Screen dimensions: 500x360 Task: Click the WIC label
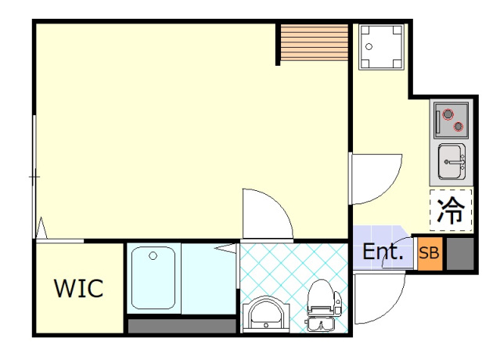coord(79,288)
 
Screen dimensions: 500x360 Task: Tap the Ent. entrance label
coord(383,251)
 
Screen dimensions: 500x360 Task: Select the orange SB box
coord(430,254)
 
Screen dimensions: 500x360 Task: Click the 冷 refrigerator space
coord(451,211)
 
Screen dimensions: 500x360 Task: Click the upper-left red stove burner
coord(448,114)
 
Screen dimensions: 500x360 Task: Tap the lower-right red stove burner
coord(459,127)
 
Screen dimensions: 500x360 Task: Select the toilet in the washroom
coord(323,305)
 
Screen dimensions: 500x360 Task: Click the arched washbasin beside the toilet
coord(266,315)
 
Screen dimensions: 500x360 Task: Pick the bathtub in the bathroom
coord(153,278)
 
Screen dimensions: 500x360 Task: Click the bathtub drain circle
coord(153,256)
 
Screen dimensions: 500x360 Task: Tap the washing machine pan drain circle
coord(369,46)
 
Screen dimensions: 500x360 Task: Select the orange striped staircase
coord(314,42)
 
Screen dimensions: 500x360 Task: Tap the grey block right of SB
coord(460,254)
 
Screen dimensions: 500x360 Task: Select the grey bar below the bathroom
coord(182,326)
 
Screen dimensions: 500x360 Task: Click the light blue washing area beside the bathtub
coord(209,278)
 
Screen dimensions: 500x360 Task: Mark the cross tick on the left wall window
coord(34,177)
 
